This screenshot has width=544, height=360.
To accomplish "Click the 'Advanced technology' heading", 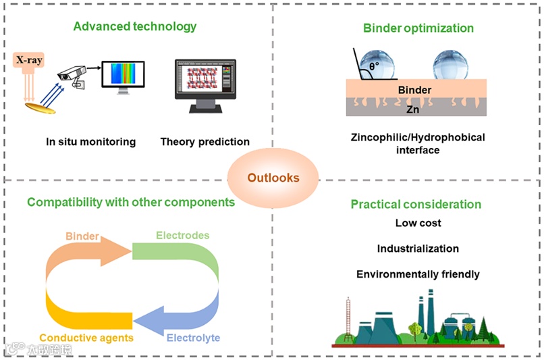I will (135, 27).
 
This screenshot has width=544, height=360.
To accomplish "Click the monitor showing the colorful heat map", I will (123, 76).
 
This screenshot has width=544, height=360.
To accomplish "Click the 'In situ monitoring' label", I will (91, 142).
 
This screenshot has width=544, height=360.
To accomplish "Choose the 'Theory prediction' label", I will (205, 142).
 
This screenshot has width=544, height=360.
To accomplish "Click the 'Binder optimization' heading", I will (418, 28).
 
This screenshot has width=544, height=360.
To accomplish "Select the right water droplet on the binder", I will (450, 64).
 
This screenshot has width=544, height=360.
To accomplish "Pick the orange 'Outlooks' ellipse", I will (273, 178).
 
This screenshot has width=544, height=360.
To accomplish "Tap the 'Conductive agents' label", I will (86, 338).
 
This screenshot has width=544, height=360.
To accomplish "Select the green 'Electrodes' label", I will (182, 236).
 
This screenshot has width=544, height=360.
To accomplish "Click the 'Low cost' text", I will (418, 223).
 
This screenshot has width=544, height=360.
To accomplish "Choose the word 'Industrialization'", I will (418, 249).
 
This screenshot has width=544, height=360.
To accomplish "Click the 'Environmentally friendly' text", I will (418, 274).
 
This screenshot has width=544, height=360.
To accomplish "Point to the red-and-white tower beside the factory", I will (348, 317).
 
